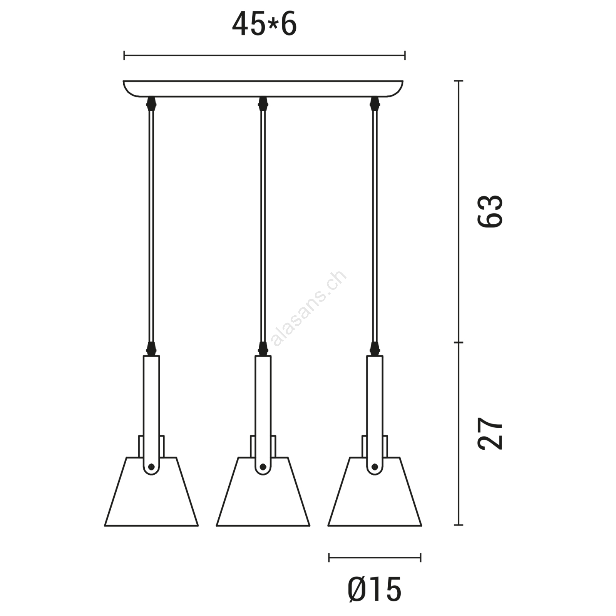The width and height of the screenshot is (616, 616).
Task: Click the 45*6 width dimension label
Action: pyautogui.click(x=264, y=24)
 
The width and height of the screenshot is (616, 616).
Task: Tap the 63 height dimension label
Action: pyautogui.click(x=490, y=211)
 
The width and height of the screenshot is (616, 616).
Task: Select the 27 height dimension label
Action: pyautogui.click(x=490, y=433)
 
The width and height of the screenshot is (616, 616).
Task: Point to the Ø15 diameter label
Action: pyautogui.click(x=374, y=589)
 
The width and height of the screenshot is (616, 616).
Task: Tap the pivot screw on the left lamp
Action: pyautogui.click(x=151, y=466)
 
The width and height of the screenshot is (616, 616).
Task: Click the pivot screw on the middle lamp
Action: pyautogui.click(x=263, y=466)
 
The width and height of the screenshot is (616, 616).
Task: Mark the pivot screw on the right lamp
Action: pyautogui.click(x=375, y=466)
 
